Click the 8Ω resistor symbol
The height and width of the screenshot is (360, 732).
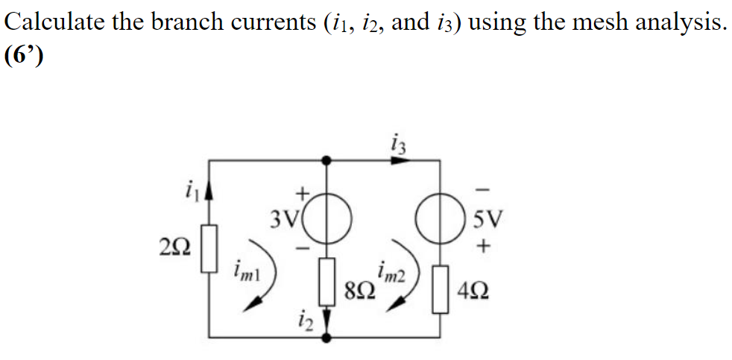tap(326, 282)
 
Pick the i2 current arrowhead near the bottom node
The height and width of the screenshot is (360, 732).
tap(326, 327)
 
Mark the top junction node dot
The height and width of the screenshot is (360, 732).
tap(326, 160)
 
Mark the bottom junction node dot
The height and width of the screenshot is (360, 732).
tap(326, 338)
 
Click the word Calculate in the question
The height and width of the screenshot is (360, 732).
tap(54, 22)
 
